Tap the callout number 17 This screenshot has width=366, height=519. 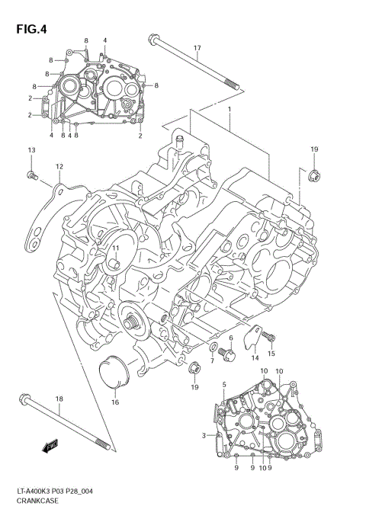196,49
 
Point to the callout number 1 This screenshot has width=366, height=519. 228,111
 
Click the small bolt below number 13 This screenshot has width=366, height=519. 32,176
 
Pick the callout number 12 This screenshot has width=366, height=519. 59,166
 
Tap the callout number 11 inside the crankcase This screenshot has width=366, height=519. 116,248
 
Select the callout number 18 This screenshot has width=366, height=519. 59,399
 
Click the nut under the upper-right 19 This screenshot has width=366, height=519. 313,178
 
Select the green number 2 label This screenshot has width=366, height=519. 140,136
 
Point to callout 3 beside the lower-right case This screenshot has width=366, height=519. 204,435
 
